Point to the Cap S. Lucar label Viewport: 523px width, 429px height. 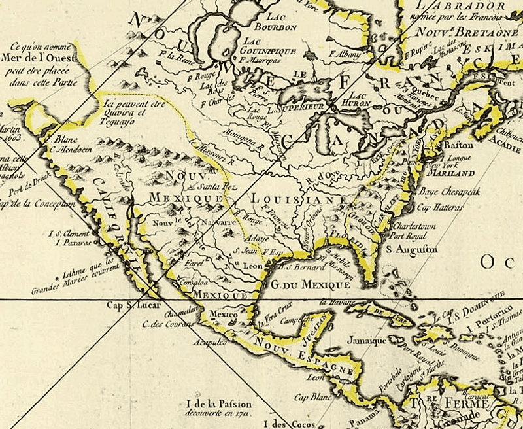pyautogui.click(x=130, y=305)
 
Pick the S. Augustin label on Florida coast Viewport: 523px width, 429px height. pyautogui.click(x=411, y=249)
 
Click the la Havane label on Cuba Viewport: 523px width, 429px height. pyautogui.click(x=337, y=303)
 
